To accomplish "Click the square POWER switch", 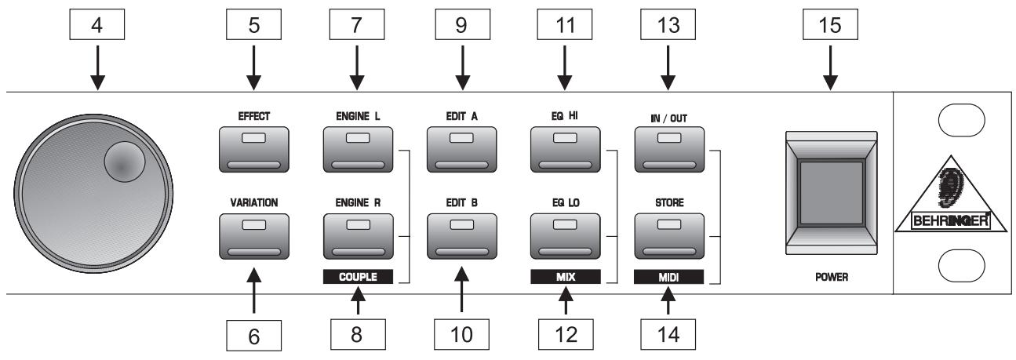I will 831,191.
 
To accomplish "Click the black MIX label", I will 566,276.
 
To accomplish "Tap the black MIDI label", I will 669,276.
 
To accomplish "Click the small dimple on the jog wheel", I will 124,164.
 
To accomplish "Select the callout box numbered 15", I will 831,25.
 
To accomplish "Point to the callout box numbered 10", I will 462,336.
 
